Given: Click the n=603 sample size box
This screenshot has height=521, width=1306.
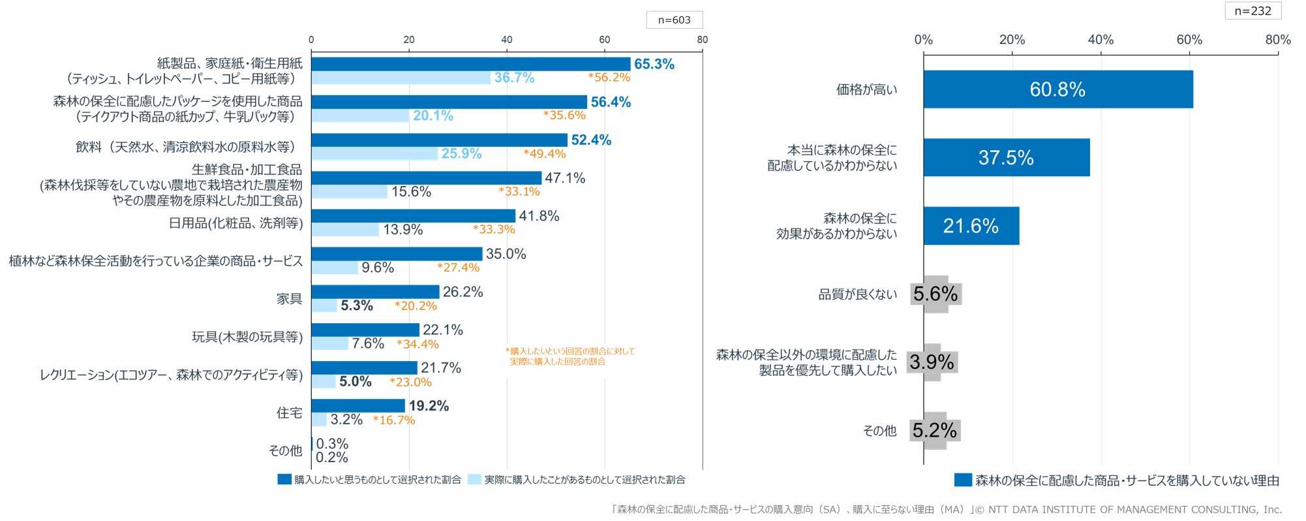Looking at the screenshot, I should pos(674,20).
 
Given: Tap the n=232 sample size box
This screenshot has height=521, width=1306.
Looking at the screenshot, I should pos(1253,10).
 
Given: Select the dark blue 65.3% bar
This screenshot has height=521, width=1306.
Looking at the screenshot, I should pos(470,64).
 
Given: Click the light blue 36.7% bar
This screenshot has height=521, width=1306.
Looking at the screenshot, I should pos(401,78).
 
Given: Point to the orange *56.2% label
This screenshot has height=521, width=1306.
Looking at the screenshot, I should pos(609,77).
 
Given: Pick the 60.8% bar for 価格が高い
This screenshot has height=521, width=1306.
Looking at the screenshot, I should pos(1057,89).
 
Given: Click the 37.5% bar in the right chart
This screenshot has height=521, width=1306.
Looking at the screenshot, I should pos(1006,157).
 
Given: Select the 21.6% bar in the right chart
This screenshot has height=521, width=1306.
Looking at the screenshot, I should pos(971,226).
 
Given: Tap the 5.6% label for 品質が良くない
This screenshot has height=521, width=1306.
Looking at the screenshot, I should pos(935,294).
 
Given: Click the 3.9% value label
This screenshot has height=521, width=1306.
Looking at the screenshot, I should pos(932,362).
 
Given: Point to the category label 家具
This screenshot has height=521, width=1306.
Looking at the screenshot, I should pos(289,299).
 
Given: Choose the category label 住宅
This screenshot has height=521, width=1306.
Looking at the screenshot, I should pos(289,413).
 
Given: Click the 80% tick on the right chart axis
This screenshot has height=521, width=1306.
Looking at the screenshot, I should pos(1277,39).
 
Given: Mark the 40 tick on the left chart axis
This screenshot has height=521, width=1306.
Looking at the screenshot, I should pos(507,39).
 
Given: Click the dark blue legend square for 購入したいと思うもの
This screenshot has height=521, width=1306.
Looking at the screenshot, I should pos(284,479).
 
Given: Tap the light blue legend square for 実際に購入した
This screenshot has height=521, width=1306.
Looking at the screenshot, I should pos(474,479).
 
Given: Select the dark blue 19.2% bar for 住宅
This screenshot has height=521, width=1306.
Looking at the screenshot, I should pos(358,406).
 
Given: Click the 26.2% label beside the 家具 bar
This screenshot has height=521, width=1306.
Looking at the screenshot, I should pos(463,292).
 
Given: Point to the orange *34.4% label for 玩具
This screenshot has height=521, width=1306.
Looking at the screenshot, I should pos(418,344).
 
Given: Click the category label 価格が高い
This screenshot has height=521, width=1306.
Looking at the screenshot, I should pos(866,89).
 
